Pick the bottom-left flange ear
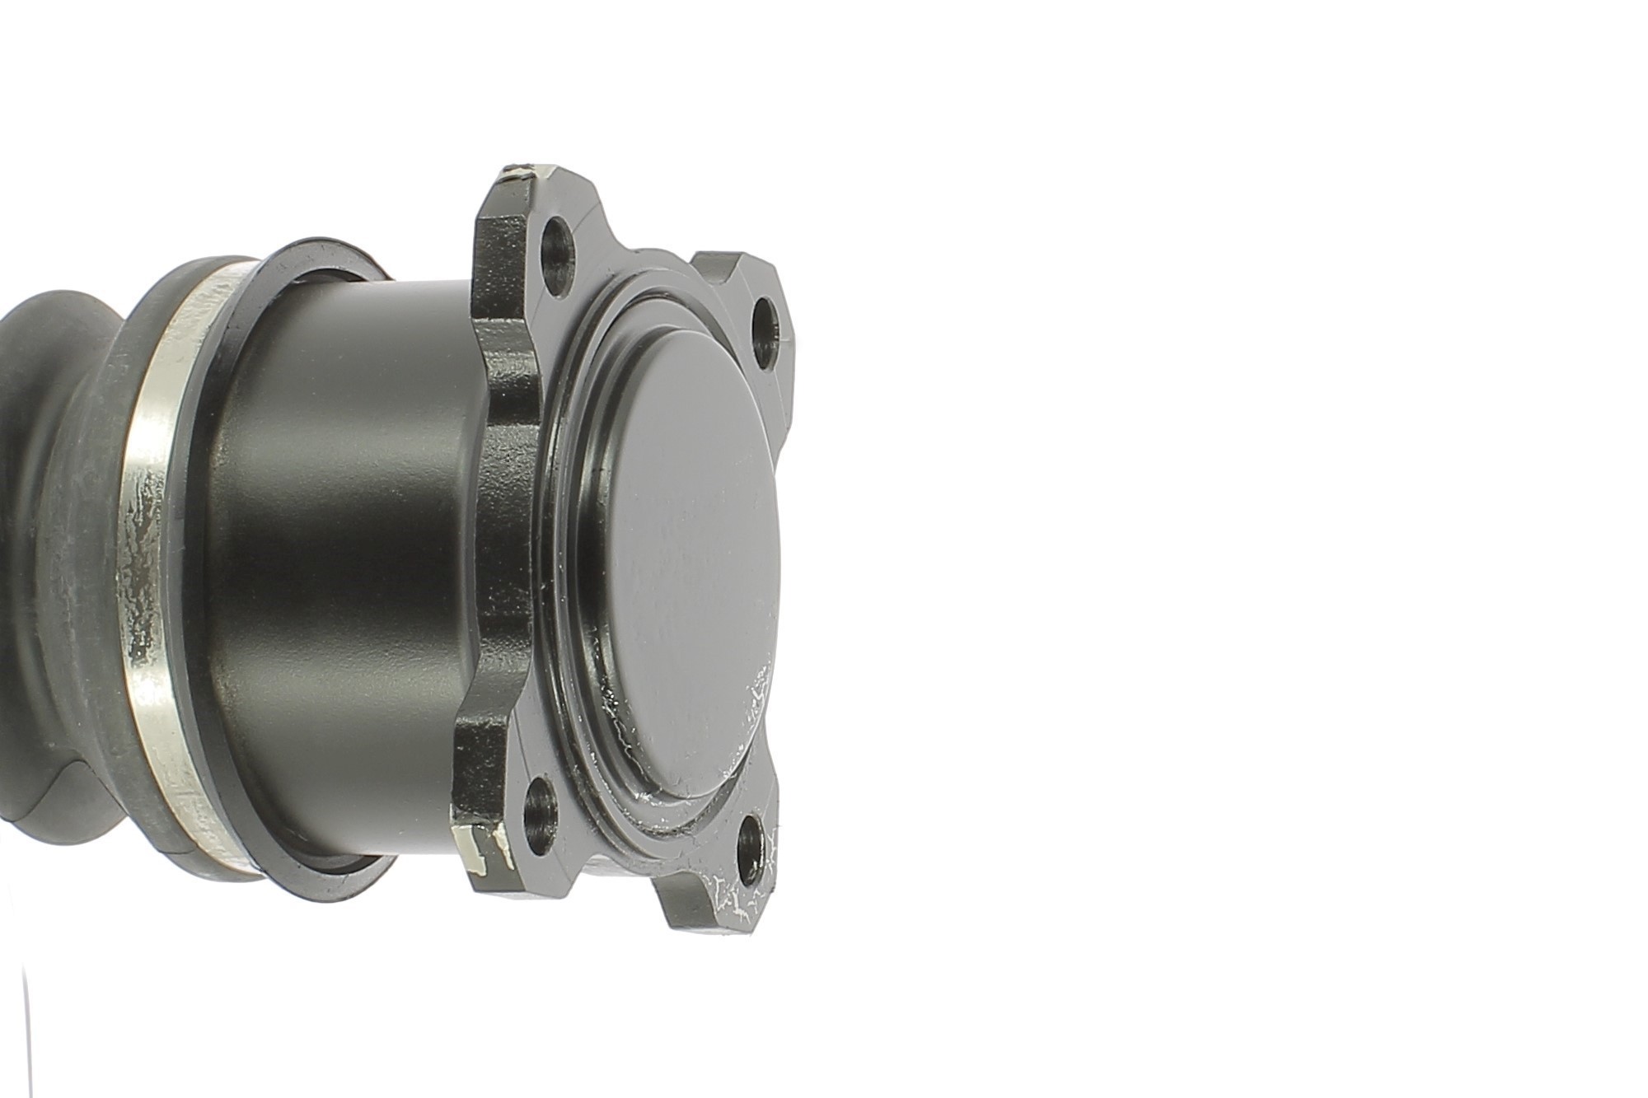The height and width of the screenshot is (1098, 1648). tap(486, 848)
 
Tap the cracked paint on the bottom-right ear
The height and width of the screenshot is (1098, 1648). tap(742, 898)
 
